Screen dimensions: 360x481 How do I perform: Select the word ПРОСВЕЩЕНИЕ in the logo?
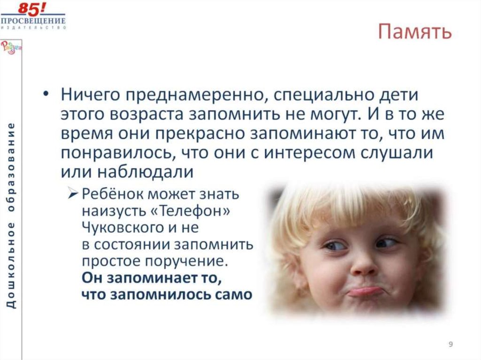tap(33, 21)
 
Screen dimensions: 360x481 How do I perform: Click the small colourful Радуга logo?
tap(8, 47)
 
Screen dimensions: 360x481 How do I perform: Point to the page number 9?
tap(450, 345)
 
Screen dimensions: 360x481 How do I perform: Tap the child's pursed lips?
tap(365, 291)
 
